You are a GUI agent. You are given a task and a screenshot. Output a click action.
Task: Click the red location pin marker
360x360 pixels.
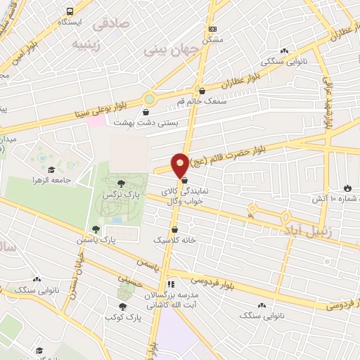click(x=180, y=165)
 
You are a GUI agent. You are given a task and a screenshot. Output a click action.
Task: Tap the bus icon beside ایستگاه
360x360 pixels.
click(x=70, y=12)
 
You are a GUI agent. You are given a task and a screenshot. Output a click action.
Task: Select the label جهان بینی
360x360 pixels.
click(x=165, y=51)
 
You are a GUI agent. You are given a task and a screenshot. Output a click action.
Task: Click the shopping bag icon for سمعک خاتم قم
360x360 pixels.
click(x=202, y=90)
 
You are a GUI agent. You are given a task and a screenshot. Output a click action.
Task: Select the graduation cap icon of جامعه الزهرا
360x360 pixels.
click(x=51, y=169)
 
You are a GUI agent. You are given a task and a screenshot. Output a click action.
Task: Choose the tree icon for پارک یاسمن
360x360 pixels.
click(x=95, y=229)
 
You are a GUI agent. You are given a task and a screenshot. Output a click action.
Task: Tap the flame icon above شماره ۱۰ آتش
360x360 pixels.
click(x=347, y=188)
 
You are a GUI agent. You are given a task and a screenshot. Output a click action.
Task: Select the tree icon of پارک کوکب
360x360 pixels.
click(x=123, y=307)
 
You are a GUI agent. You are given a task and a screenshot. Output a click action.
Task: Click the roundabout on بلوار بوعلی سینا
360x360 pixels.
click(x=149, y=99)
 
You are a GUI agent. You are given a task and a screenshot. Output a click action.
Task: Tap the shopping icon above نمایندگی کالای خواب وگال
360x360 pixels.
click(x=184, y=180)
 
